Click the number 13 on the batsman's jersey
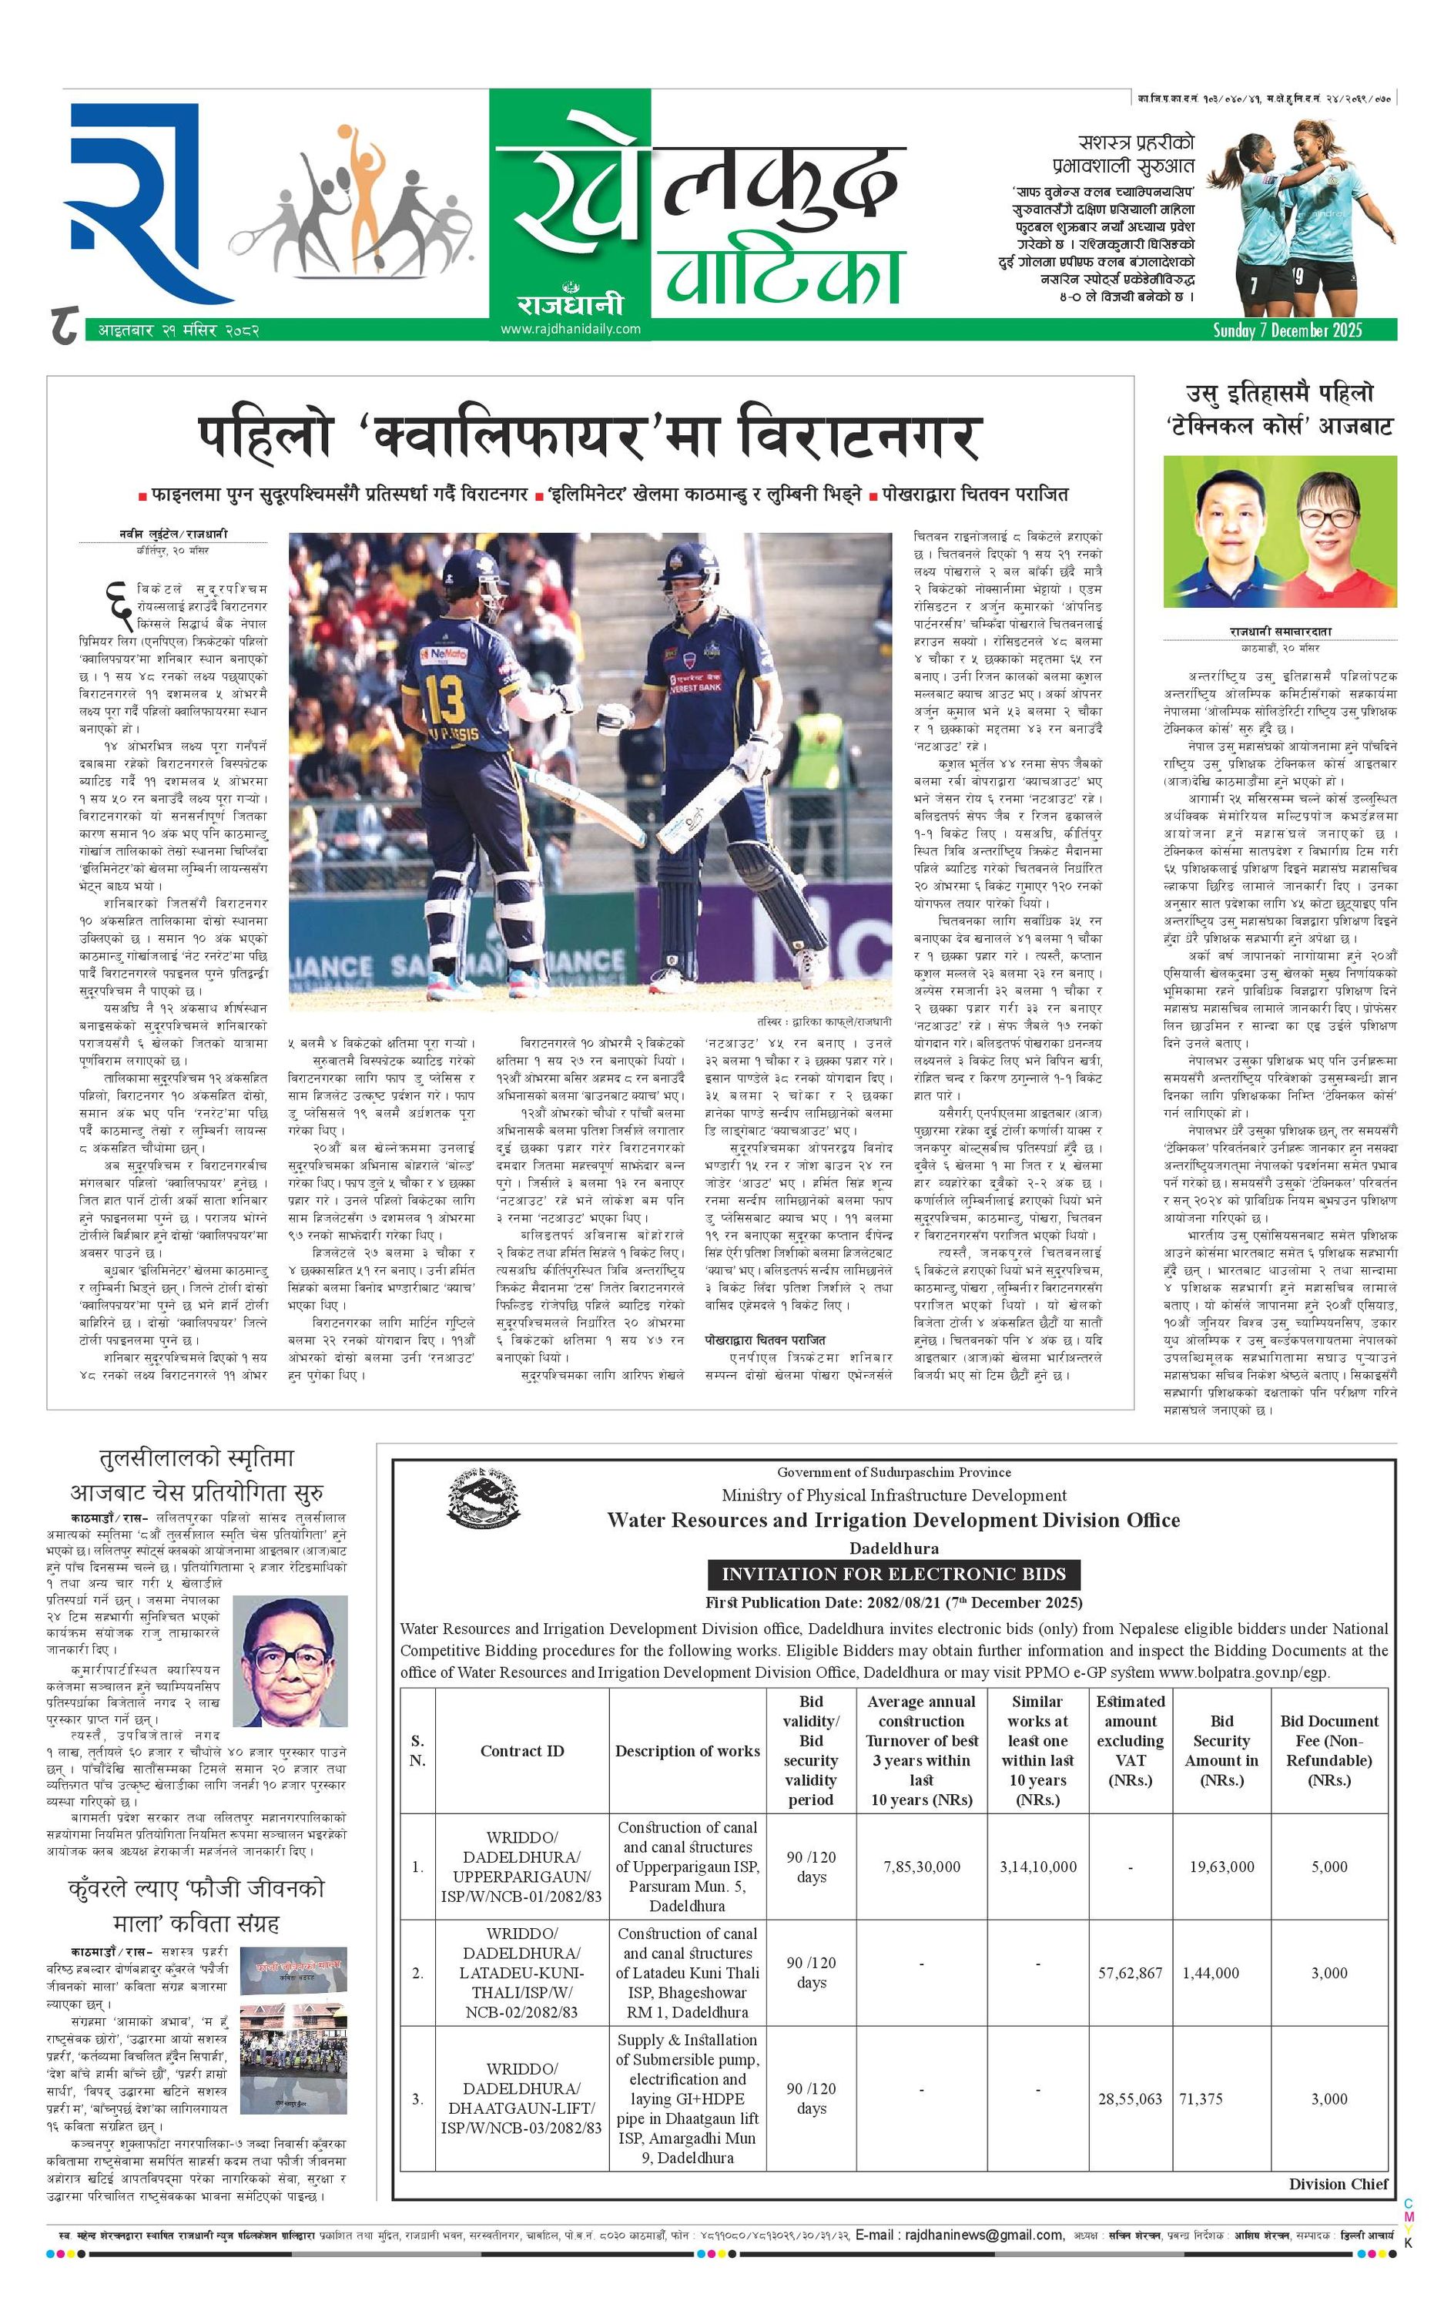click(445, 700)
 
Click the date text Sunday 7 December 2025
click(1288, 330)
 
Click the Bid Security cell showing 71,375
click(1201, 2098)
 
